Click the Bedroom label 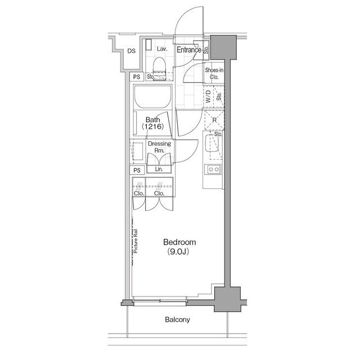179,242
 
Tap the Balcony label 178,319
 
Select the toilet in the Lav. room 159,68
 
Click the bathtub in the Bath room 153,97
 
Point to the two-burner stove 214,169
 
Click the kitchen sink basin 211,143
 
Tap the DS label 132,51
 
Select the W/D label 208,96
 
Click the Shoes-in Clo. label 214,74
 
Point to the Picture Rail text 136,241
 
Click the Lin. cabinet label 159,169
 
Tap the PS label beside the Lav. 137,77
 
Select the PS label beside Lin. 137,170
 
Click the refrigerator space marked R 214,120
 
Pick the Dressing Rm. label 160,147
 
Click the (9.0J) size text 178,252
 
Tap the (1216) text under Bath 152,126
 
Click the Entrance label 189,49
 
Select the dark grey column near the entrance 223,47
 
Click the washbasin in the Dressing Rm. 137,151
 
